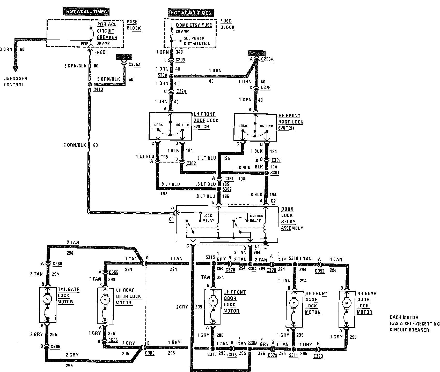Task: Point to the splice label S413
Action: pos(98,90)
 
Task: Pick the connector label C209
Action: pos(180,60)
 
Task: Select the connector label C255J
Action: pos(134,64)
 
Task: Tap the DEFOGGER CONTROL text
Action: pos(16,82)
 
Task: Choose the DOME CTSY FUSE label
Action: pos(194,25)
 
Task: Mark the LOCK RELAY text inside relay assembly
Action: pos(208,218)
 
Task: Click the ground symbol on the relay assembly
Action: pos(265,243)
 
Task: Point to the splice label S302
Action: pos(227,189)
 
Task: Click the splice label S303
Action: pos(253,343)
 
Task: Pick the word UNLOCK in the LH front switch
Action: pos(182,125)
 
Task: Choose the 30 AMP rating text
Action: pos(103,43)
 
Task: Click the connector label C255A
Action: pos(267,59)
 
